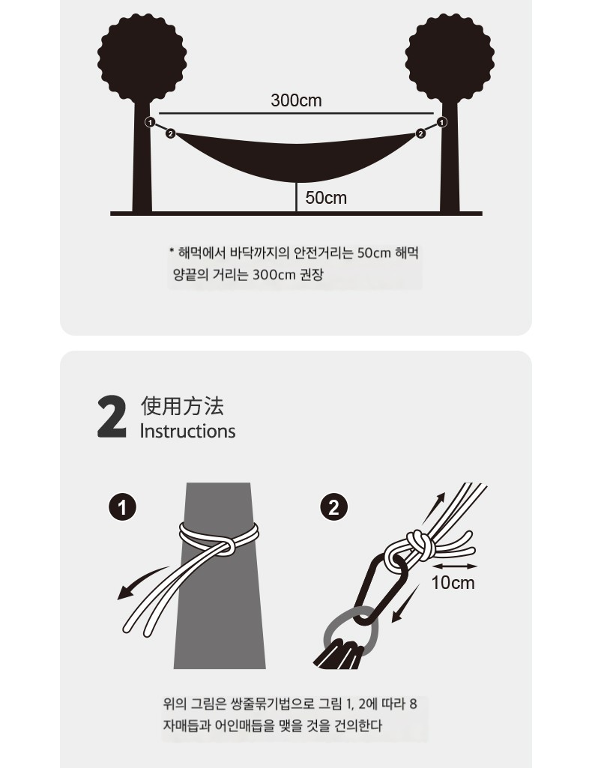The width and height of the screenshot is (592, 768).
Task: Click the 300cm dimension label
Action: click(x=296, y=100)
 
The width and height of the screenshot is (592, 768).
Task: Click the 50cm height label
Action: click(x=326, y=197)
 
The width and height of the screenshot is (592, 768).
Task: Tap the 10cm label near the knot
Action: click(x=453, y=583)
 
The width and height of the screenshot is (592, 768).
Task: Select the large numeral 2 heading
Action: click(x=112, y=417)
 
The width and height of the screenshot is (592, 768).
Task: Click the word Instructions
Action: click(x=187, y=431)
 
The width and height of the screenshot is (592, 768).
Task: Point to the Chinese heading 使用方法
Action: click(x=182, y=406)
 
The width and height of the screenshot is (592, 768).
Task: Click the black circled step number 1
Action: click(x=122, y=507)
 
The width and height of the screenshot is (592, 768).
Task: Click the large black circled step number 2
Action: click(x=334, y=507)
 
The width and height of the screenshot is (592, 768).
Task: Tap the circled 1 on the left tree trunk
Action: click(x=151, y=122)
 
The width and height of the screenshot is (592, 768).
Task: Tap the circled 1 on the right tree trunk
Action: click(x=441, y=122)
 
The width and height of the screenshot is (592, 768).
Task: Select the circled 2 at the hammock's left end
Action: click(x=170, y=133)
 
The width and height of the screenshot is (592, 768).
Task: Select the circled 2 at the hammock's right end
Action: click(x=420, y=133)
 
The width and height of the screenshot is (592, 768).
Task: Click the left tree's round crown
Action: click(x=142, y=58)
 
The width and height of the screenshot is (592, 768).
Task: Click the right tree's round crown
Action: click(x=450, y=58)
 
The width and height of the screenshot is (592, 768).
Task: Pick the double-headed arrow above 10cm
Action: click(x=455, y=566)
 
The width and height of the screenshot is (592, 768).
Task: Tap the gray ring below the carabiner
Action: click(x=327, y=632)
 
